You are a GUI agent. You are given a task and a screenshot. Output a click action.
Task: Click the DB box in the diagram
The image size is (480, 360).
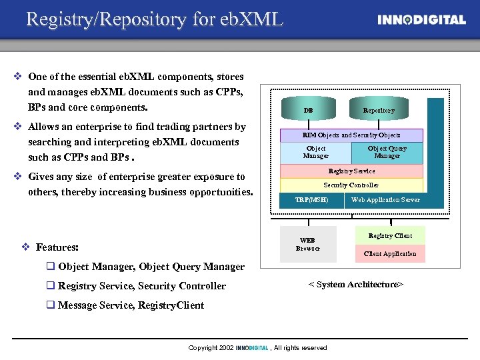click(308, 110)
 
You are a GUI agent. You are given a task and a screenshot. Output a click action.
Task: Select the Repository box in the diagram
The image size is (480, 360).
click(378, 110)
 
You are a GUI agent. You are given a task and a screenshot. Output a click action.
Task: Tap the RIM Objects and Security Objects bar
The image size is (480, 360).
click(351, 135)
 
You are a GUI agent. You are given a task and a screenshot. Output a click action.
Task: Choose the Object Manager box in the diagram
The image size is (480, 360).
click(315, 153)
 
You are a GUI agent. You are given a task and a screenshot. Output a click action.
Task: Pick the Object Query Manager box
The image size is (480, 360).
click(387, 153)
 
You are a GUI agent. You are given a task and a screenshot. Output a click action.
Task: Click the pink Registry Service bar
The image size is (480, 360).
click(351, 171)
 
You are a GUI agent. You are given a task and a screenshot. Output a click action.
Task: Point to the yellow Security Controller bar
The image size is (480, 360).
click(351, 185)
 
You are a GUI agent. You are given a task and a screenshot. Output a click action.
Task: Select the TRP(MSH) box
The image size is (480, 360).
click(311, 200)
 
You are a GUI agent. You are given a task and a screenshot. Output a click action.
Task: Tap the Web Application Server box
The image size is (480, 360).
click(385, 200)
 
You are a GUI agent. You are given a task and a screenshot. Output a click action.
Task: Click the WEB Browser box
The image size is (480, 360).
click(307, 244)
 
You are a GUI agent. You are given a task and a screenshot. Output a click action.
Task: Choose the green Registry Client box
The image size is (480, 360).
click(390, 236)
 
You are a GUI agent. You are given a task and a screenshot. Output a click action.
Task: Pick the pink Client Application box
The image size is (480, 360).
click(390, 254)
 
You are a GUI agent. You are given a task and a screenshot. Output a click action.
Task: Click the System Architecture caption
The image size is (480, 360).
click(355, 285)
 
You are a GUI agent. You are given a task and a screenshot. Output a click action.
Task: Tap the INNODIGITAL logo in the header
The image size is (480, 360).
click(421, 20)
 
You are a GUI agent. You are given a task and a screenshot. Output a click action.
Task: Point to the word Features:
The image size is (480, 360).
click(57, 247)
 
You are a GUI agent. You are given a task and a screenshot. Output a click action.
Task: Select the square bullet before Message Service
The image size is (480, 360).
click(50, 305)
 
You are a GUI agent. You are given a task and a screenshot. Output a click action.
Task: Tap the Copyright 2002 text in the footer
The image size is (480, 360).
click(211, 348)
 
